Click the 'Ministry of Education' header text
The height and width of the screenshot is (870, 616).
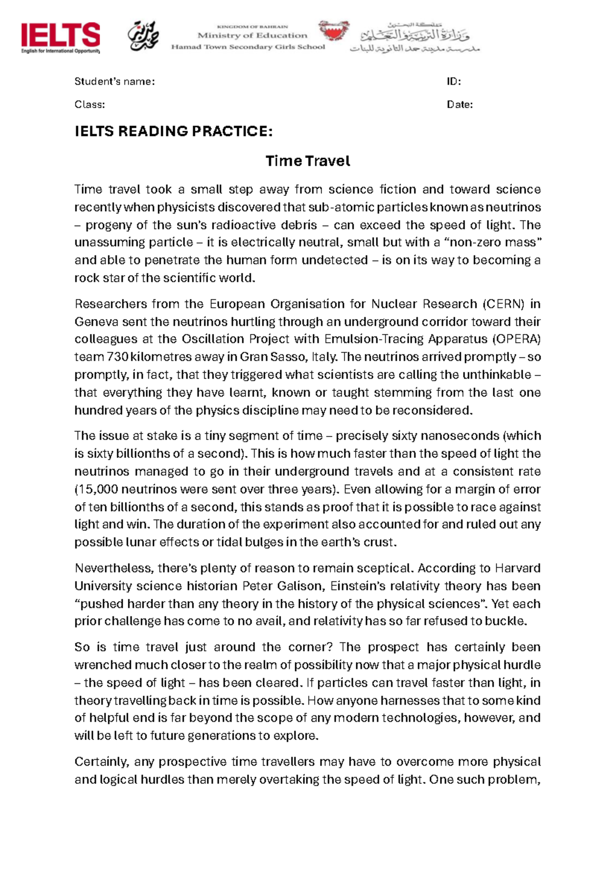(252, 35)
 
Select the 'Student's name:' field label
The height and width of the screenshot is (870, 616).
(114, 82)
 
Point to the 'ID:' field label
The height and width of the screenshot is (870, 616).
(454, 82)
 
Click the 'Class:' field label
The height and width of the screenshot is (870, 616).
(90, 105)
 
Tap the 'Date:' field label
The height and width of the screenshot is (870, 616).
(460, 105)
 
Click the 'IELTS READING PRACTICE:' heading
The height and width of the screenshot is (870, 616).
(174, 131)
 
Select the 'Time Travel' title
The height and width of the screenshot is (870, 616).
(307, 161)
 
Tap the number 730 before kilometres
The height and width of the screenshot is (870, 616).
(118, 357)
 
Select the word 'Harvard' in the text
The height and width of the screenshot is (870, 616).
(517, 568)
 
